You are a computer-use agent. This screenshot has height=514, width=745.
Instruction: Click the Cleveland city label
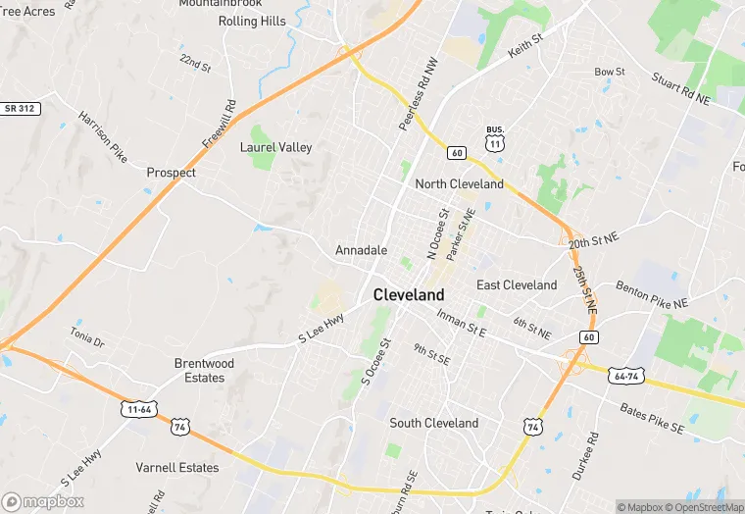point(409,294)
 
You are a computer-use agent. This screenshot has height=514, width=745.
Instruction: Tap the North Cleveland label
point(459,183)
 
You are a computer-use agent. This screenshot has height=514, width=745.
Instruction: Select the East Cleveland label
point(517,284)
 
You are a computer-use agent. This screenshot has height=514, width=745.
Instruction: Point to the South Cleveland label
point(433,423)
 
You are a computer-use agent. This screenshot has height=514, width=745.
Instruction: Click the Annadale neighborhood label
point(361,250)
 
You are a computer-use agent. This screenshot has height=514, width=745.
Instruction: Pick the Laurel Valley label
point(276,147)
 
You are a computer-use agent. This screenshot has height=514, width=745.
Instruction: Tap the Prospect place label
point(171,173)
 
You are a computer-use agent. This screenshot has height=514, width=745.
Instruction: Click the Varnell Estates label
point(177,468)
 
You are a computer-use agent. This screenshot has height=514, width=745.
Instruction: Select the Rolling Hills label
point(252,21)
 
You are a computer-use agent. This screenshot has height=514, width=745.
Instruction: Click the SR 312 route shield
point(21,108)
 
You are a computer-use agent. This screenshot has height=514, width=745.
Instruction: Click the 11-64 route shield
point(139,409)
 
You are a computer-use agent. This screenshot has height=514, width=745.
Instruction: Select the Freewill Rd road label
point(220,124)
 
